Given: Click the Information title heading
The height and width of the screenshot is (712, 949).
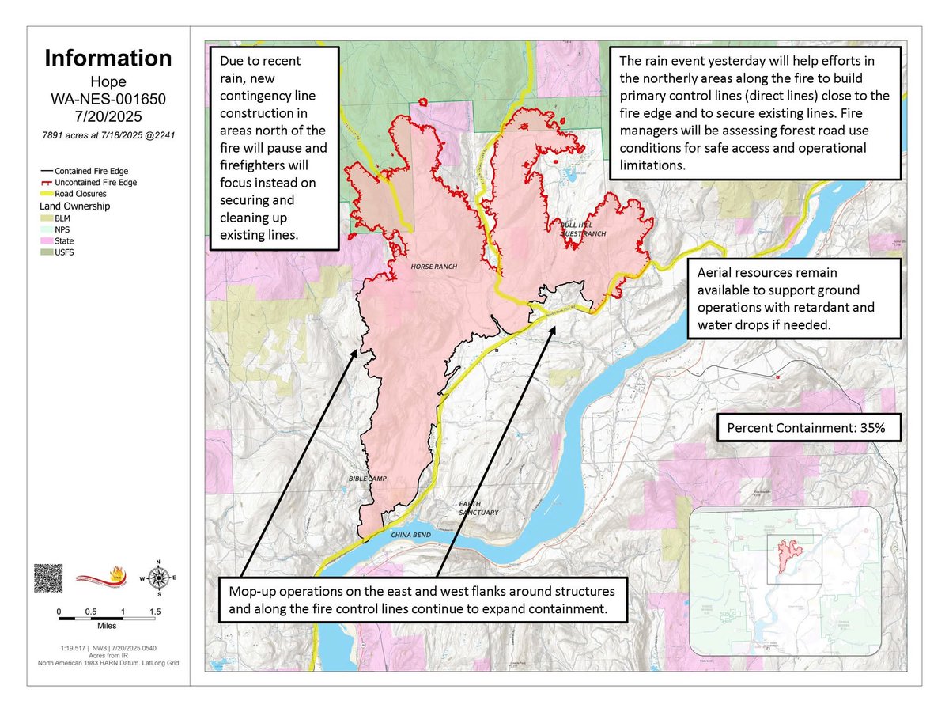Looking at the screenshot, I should click(108, 58).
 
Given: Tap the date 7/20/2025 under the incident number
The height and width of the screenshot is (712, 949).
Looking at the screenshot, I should click(108, 117).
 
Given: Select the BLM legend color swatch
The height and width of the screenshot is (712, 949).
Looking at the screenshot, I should click(47, 218).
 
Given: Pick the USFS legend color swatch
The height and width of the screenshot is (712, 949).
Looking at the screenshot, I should click(47, 252).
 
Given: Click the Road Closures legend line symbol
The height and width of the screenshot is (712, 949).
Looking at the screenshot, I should click(47, 193).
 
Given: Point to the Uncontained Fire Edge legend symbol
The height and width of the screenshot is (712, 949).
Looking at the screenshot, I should click(47, 182).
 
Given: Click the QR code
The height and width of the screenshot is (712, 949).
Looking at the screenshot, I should click(47, 578).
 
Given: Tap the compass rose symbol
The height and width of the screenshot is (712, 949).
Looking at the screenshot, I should click(159, 578).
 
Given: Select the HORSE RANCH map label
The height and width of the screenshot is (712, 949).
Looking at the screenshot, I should click(433, 267).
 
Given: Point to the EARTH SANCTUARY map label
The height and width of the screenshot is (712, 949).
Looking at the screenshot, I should click(478, 508).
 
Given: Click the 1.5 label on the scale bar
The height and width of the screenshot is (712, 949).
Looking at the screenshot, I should click(155, 612).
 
